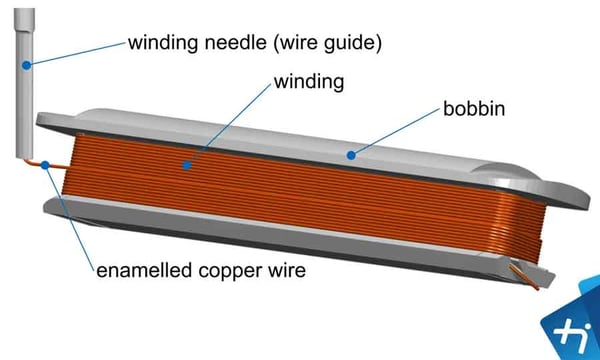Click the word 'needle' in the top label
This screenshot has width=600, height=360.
228,43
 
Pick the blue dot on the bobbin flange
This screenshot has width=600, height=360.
349,155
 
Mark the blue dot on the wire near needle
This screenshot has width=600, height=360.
47,165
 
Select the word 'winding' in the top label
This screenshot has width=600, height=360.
160,43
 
